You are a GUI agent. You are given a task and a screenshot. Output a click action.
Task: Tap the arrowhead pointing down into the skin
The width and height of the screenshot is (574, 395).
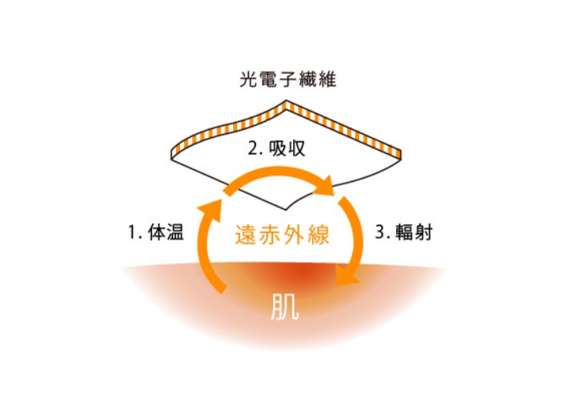click(348, 276)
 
